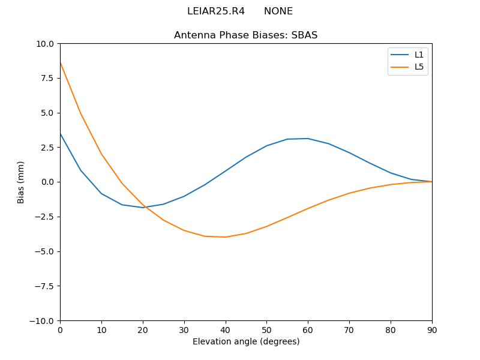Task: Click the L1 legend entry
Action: coord(419,55)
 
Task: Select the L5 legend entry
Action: coord(419,67)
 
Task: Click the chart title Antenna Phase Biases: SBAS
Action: coord(245,35)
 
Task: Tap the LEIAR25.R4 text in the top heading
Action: coord(216,11)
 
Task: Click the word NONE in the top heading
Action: coord(278,11)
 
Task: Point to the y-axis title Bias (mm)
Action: coord(21,182)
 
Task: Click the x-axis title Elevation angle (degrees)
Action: coord(245,341)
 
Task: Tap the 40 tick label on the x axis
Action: coord(225,329)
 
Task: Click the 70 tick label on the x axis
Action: coord(349,329)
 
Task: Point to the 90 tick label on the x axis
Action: coord(432,329)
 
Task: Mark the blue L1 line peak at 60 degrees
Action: coord(308,139)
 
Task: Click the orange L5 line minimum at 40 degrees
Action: coord(225,237)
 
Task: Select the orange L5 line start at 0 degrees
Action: coord(61,63)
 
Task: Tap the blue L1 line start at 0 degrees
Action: coord(61,134)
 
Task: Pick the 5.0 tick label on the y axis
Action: coord(46,113)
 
